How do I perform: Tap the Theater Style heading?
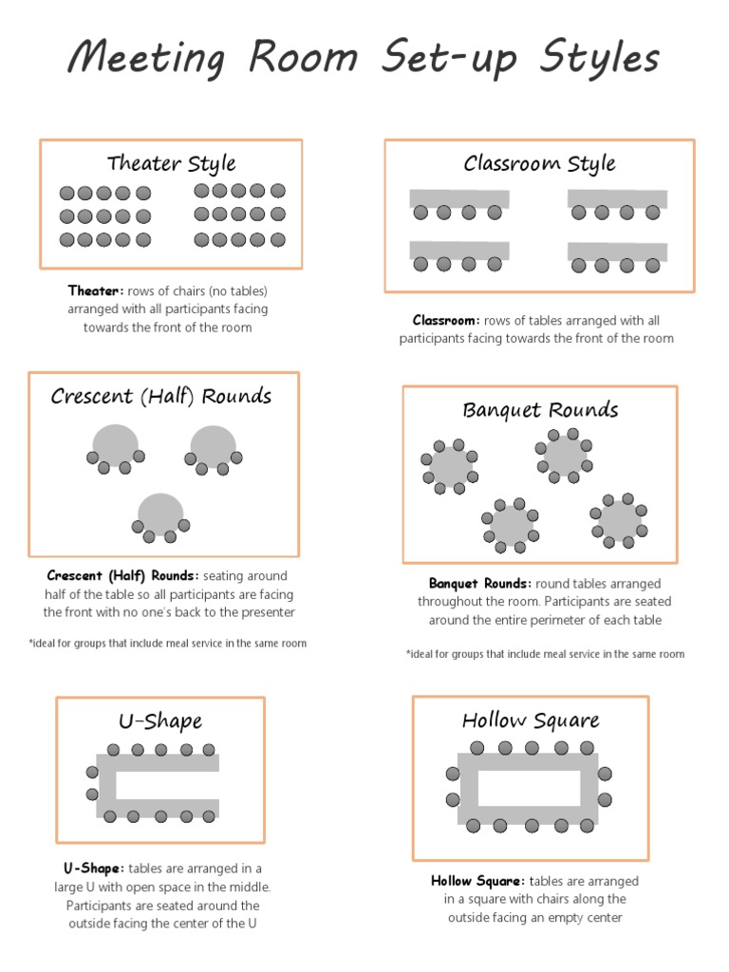[x=171, y=163]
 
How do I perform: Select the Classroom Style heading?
[x=539, y=163]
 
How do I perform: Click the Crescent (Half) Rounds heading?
[x=161, y=397]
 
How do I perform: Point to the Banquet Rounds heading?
[x=540, y=410]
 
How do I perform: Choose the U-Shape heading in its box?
[x=160, y=721]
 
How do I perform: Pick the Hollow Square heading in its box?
[x=531, y=720]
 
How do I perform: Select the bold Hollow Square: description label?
[x=478, y=882]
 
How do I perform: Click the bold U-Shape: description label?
[x=94, y=869]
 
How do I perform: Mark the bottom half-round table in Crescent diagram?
[x=160, y=514]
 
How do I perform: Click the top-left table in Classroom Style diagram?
[x=459, y=198]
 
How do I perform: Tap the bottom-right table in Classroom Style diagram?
[x=617, y=252]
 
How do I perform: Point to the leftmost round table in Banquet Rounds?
[x=450, y=466]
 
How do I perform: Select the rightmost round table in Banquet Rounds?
[x=619, y=519]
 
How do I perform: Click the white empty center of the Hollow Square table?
[x=529, y=788]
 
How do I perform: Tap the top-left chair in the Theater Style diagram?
[x=66, y=193]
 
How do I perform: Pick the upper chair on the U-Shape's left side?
[x=92, y=772]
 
